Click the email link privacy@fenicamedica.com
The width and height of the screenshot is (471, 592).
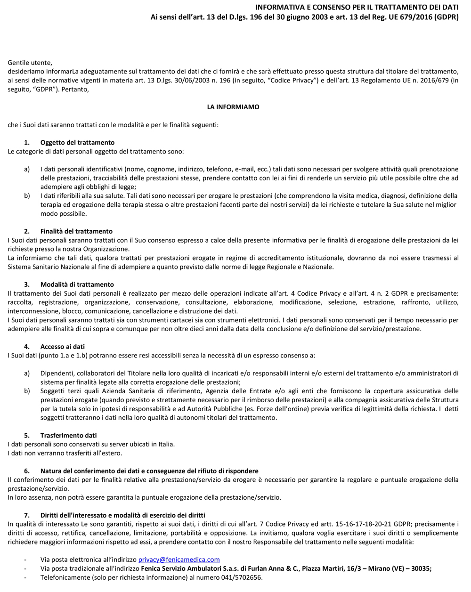pos(179,560)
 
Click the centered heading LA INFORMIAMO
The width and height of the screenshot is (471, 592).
pos(233,107)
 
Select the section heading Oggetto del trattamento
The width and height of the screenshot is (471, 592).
pos(77,142)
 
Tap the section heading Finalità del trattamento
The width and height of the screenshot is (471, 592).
pos(76,231)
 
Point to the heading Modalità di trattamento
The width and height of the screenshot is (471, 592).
pos(77,284)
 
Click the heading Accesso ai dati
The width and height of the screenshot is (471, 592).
pos(63,347)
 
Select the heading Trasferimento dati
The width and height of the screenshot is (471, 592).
pos(68,435)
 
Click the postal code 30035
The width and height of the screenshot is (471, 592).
pos(421,568)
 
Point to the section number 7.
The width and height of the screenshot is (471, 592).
pos(27,515)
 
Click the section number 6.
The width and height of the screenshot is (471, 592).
pos(27,471)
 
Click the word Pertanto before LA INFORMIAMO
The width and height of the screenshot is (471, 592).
pos(75,89)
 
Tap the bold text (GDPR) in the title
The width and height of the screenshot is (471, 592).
pos(447,17)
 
